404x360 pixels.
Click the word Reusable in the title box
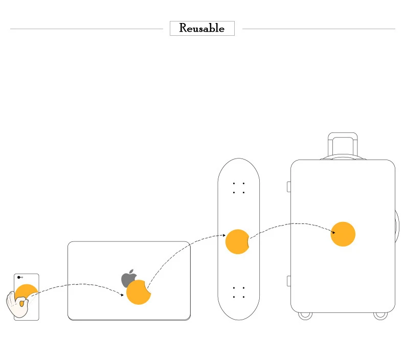click(x=201, y=28)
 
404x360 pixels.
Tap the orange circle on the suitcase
click(x=343, y=234)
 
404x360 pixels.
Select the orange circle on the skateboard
click(x=237, y=242)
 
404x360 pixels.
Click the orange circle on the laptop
click(x=139, y=292)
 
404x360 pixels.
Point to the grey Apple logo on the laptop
click(x=128, y=278)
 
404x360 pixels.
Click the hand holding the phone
click(x=17, y=304)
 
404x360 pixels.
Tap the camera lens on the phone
click(x=18, y=277)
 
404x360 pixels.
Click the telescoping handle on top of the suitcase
click(x=343, y=145)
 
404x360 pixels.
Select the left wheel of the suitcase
click(x=305, y=316)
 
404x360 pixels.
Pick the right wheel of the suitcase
click(x=380, y=316)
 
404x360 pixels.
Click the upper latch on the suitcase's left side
click(x=289, y=187)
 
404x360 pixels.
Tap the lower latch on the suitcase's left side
click(x=289, y=281)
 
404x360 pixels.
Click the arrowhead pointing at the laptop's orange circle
click(x=122, y=295)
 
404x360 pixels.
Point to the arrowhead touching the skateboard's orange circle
click(x=224, y=235)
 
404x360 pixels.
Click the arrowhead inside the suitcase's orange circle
click(x=333, y=233)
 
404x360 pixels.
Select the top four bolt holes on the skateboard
click(x=239, y=188)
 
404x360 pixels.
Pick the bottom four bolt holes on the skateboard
click(x=239, y=292)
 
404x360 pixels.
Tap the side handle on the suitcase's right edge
click(x=397, y=226)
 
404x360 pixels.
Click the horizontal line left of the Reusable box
click(x=86, y=29)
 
